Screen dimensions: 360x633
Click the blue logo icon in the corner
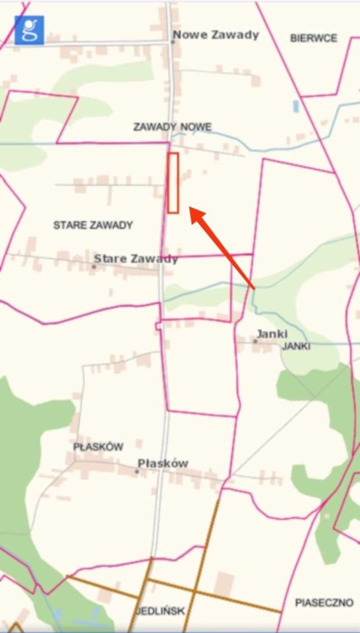tap(29, 30)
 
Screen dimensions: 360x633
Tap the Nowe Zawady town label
tap(216, 35)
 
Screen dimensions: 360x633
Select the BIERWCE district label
tap(314, 38)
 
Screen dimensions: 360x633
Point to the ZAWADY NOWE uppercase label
tap(173, 127)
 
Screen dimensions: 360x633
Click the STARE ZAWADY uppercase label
tap(93, 225)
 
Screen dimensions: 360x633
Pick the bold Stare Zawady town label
tap(136, 258)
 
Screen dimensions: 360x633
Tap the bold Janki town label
tap(272, 334)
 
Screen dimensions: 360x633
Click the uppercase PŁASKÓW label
tap(98, 447)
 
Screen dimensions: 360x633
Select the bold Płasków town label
tap(163, 464)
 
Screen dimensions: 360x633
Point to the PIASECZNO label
tap(324, 603)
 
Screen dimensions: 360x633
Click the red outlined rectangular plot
tap(173, 183)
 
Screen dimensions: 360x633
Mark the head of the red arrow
tap(192, 210)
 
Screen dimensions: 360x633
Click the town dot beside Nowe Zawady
tap(173, 42)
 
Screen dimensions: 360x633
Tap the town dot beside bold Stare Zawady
tap(94, 266)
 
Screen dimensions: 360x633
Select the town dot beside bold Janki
tap(255, 341)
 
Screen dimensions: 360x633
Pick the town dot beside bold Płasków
tap(136, 471)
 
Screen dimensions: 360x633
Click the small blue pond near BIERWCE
tap(296, 105)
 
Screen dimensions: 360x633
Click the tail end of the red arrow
tap(253, 287)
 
